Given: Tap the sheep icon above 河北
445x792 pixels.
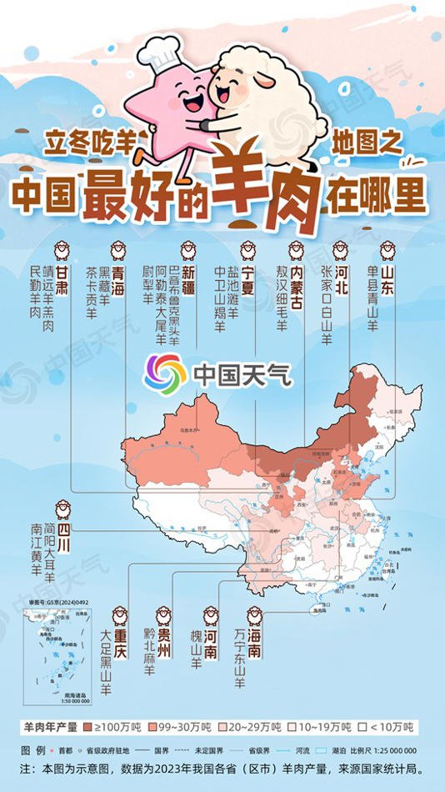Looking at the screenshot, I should coord(340,249).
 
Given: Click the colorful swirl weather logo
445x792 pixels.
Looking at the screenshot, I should coord(164,373).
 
